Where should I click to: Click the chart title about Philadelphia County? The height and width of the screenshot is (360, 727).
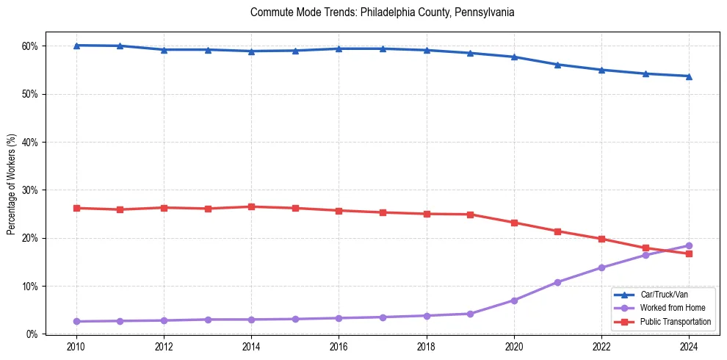(x=382, y=12)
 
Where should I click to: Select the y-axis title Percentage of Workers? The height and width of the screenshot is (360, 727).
(x=11, y=184)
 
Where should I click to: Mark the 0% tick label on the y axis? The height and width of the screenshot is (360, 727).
(x=32, y=334)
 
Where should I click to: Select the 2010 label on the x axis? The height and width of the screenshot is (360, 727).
(x=76, y=346)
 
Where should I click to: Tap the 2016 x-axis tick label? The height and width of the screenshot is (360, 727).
(x=339, y=346)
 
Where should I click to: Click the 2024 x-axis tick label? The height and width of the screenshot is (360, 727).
(x=689, y=346)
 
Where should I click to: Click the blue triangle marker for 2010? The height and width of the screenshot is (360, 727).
(x=76, y=46)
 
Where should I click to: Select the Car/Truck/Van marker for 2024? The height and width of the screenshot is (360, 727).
(x=689, y=76)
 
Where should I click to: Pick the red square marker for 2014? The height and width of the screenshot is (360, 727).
(x=251, y=206)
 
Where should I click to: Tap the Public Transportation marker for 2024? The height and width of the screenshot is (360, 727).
(x=689, y=253)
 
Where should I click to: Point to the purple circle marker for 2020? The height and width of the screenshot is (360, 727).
(x=514, y=300)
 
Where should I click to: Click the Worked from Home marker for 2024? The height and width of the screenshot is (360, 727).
(x=689, y=245)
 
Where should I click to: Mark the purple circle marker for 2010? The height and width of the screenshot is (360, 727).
(x=76, y=321)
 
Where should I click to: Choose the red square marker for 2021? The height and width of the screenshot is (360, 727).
(x=557, y=231)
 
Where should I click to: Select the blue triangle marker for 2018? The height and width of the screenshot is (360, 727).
(x=427, y=50)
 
